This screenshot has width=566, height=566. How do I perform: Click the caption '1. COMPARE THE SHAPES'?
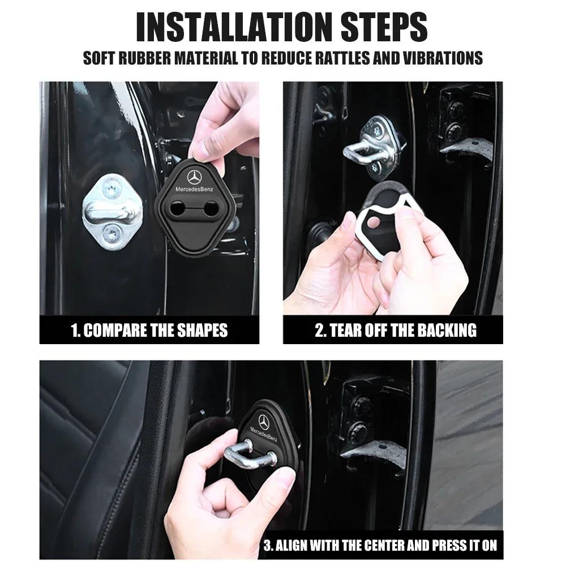[149, 331]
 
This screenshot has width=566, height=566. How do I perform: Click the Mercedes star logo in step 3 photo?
[264, 421]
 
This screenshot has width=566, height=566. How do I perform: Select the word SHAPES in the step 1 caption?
[200, 331]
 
